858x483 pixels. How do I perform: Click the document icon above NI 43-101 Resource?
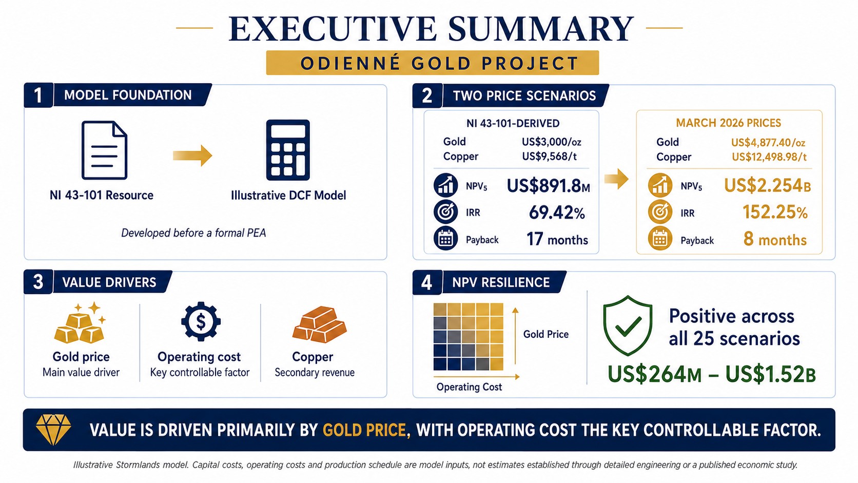coord(104,150)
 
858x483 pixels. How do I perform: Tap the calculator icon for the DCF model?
coord(288,150)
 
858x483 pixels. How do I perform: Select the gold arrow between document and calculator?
coord(192,156)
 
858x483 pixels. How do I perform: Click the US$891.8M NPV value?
coord(548,186)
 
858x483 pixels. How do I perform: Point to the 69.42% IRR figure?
coord(557,212)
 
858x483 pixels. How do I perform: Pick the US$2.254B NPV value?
coord(767,186)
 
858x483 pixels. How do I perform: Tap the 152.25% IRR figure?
coord(775,212)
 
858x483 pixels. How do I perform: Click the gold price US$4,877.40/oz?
coord(768,143)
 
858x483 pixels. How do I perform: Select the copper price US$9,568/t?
coord(549,156)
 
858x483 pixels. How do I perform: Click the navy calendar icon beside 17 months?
coord(445,238)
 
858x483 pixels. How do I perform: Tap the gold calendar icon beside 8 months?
coord(660,239)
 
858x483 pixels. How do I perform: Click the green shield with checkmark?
coord(628,325)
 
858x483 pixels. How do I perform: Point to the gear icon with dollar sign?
coord(201,321)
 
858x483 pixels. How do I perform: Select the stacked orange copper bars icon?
coord(320,324)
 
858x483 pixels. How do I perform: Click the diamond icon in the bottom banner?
coord(53,430)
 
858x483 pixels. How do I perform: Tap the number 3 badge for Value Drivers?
coord(38,282)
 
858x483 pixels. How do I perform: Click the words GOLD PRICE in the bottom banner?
coord(364,430)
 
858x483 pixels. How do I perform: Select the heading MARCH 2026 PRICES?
coord(728,123)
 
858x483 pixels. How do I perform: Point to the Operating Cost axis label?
coord(469,387)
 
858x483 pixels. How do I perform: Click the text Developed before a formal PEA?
coord(193,233)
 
